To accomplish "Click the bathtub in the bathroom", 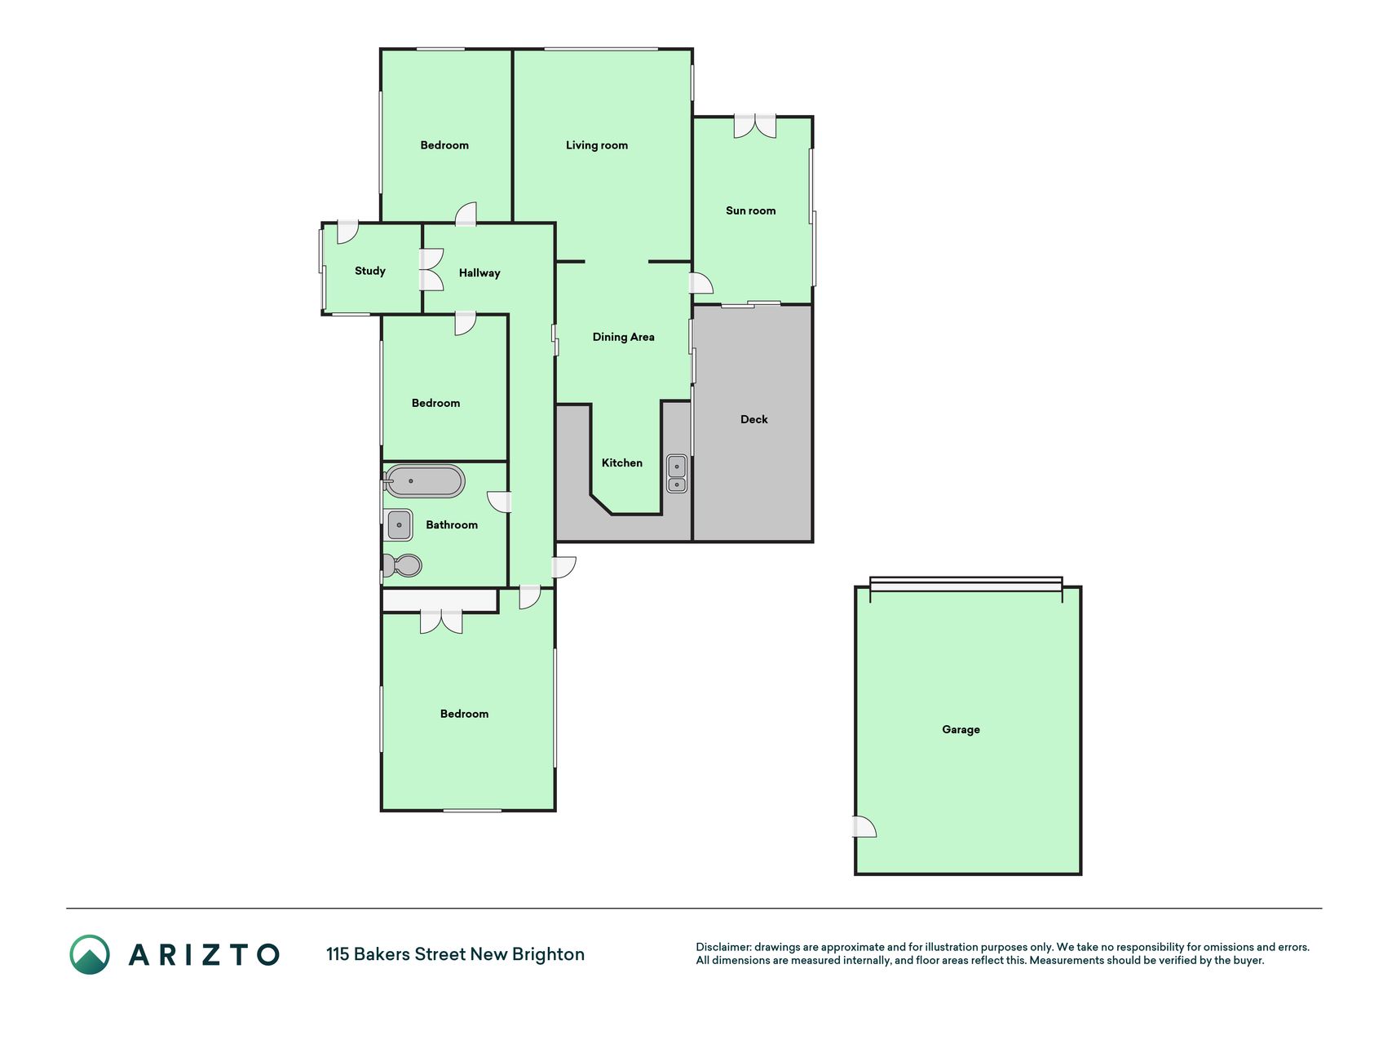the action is point(424,481).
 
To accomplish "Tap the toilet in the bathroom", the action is point(403,564).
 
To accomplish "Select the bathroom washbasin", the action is point(400,524).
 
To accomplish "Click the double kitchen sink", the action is point(677,474).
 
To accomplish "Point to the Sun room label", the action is point(750,210).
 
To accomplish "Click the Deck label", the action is point(753,419).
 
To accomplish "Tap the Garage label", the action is point(961,729).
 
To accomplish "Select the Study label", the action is point(369,271).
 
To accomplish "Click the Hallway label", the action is point(479,272).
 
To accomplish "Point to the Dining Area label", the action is point(623,337).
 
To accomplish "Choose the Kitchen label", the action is point(621,462).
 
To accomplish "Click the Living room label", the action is point(596,145).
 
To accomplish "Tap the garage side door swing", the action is point(865,827).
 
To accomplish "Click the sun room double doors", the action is point(754,126).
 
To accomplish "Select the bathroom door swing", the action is point(498,502).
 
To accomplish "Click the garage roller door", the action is point(966,584).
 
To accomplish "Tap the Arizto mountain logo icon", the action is point(90,954).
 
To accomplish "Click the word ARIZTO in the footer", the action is point(204,954).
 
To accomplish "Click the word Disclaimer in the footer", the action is point(723,947).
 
